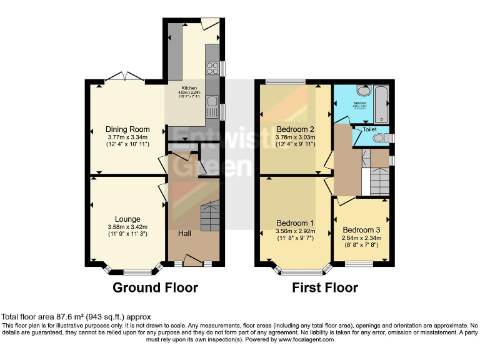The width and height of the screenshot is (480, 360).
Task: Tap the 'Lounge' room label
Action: [x=127, y=218]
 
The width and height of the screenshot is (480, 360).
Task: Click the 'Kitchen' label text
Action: [x=190, y=88]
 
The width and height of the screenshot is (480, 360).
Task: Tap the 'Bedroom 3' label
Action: [x=361, y=229]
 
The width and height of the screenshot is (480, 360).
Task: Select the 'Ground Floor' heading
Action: [x=155, y=287]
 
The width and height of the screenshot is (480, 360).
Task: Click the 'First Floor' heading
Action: [x=325, y=287]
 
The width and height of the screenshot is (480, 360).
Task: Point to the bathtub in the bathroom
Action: [x=381, y=104]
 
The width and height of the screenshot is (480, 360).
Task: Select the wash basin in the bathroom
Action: [x=363, y=90]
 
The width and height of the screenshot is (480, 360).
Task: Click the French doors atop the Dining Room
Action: [x=124, y=77]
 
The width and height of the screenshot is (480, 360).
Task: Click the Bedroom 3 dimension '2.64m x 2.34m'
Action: [x=361, y=238]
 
